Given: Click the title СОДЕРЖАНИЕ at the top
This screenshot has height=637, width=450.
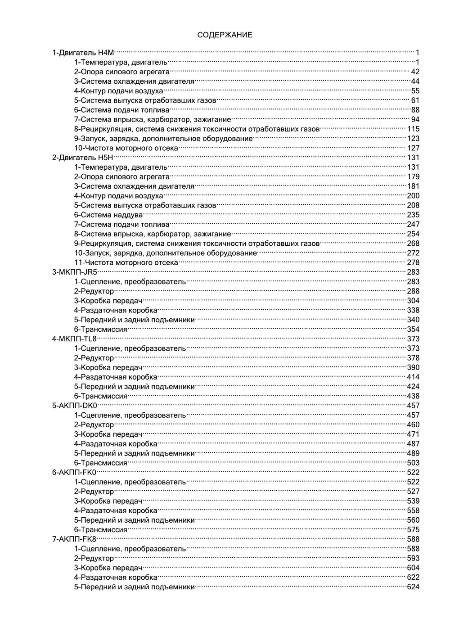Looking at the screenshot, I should (x=225, y=35).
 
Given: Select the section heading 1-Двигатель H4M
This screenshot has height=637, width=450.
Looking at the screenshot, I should (x=83, y=53).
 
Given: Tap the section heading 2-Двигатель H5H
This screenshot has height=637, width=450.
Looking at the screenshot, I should (x=83, y=158).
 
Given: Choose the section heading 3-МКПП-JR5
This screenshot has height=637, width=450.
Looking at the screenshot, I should (x=75, y=272).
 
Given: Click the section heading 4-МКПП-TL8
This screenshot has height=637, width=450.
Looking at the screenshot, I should (x=75, y=339).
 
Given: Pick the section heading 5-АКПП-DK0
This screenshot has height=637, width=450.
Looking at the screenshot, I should (x=75, y=406).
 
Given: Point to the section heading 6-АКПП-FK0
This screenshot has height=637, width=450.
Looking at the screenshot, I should (x=75, y=472).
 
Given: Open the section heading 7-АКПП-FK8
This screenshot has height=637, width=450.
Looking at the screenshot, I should (x=75, y=539).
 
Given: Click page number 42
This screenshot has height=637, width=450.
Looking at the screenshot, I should (x=415, y=72).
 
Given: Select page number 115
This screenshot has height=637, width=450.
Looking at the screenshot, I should (x=413, y=129).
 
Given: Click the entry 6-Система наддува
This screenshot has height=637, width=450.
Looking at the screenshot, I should (x=108, y=215).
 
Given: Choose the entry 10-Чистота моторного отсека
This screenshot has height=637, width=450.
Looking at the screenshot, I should (x=126, y=148).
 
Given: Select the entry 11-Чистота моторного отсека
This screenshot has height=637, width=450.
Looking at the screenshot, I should (x=126, y=262).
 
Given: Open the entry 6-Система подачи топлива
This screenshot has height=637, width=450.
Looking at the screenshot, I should (x=122, y=110).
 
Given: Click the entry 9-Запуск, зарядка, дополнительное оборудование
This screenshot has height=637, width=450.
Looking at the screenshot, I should (x=163, y=139).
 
